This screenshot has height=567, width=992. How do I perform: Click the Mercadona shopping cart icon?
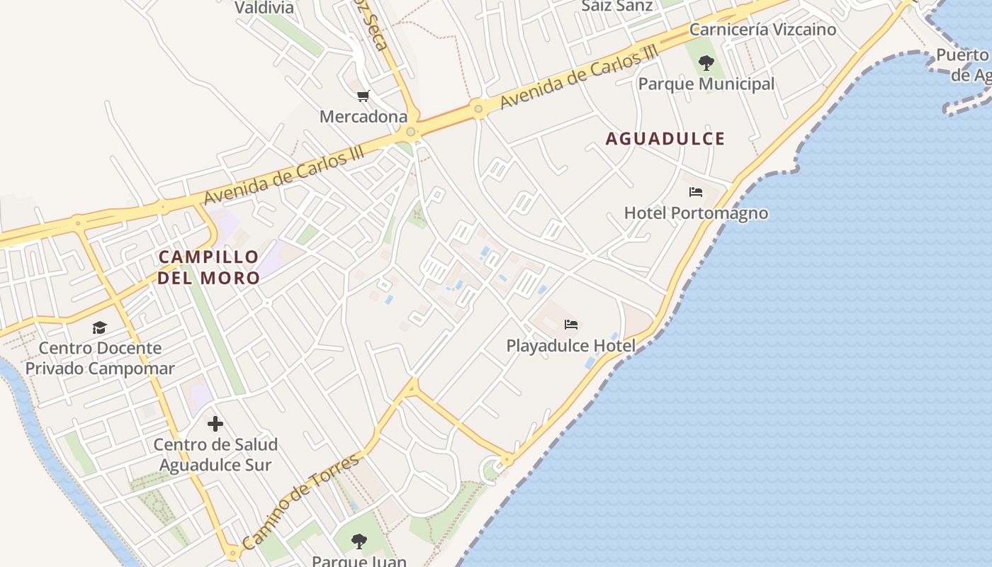point(363,96)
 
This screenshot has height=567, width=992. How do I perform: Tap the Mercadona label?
point(363,116)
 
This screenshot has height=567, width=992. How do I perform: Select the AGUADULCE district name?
point(665,139)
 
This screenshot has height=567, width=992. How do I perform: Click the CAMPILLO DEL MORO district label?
point(208,267)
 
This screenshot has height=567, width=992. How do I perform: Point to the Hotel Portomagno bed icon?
point(696,192)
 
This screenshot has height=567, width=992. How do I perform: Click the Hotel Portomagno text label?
point(696,213)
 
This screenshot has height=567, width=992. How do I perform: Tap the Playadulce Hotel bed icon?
point(571,325)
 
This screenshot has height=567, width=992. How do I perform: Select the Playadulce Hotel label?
point(571,346)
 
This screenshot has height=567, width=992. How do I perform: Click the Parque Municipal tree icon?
point(706,63)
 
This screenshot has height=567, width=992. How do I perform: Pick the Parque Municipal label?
point(706,84)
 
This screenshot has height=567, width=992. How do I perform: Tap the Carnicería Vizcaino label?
point(762,30)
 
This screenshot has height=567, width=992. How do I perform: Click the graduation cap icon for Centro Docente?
point(99,327)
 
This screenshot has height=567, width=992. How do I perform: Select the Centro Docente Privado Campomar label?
point(100,358)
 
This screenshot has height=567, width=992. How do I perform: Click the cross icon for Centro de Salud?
point(215,424)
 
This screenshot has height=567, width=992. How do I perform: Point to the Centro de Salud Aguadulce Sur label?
point(215,455)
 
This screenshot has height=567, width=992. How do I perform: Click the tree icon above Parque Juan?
point(359,542)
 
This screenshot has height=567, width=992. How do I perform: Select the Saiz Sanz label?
point(607,6)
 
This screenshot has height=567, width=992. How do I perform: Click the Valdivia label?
point(264,8)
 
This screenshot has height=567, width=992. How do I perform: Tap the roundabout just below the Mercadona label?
point(411,131)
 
